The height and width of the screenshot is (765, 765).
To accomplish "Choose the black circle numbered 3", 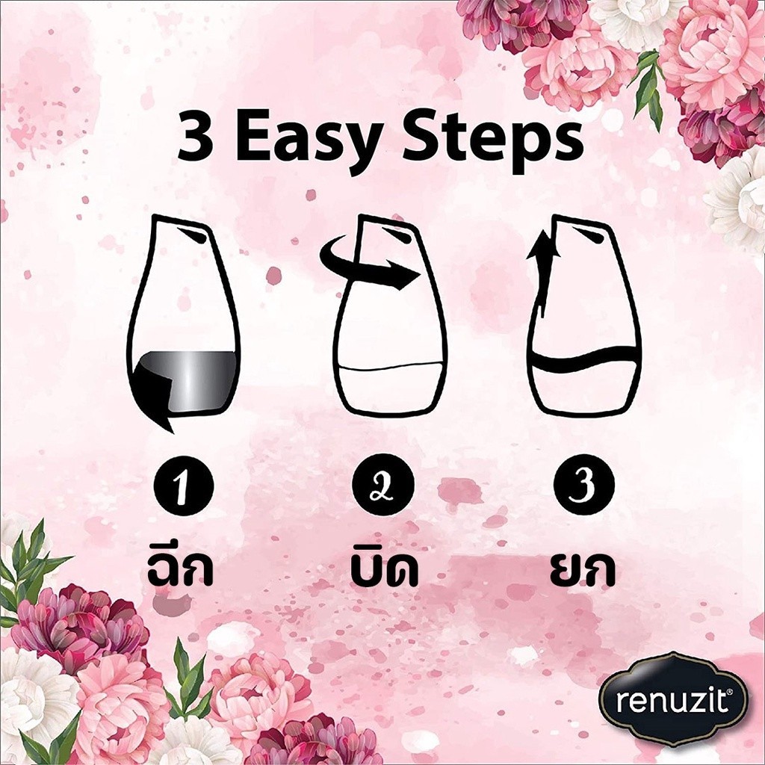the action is tap(584, 484).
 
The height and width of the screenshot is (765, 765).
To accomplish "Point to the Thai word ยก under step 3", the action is tap(582, 570).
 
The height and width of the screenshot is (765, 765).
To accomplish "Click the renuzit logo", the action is tap(674, 700).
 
